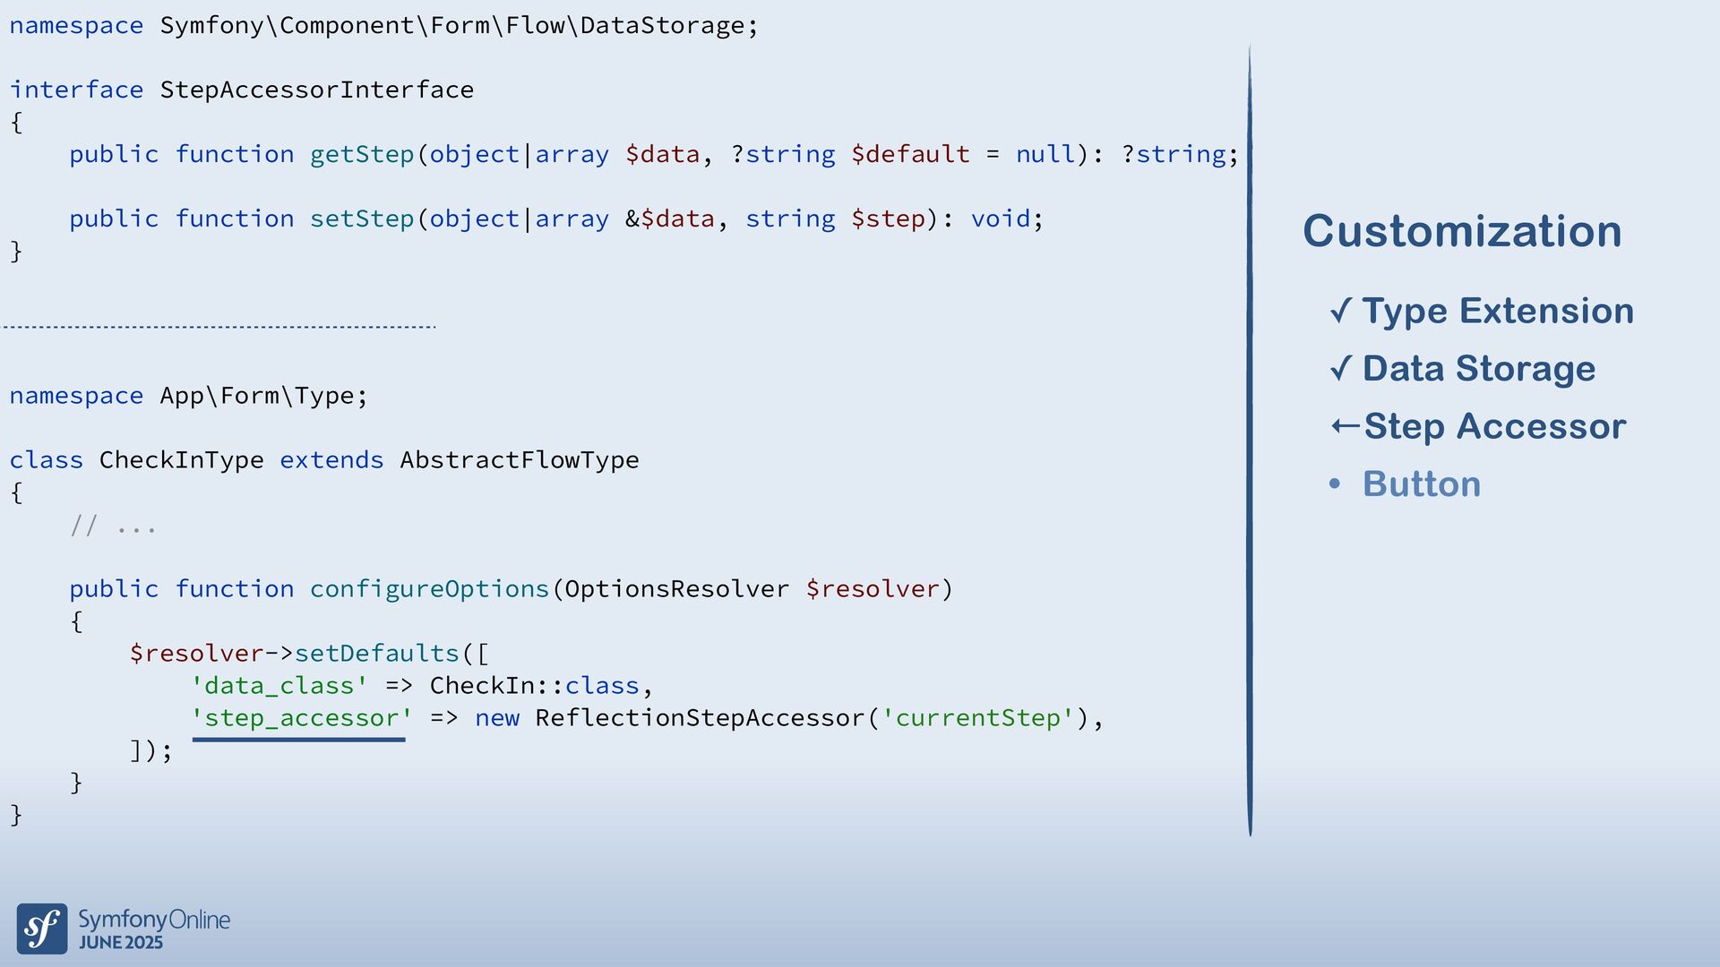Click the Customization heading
(x=1461, y=231)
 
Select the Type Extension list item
(x=1497, y=311)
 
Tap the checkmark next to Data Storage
(x=1341, y=368)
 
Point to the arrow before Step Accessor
(x=1345, y=426)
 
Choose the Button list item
(x=1421, y=483)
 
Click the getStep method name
(x=362, y=154)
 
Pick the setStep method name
(x=362, y=218)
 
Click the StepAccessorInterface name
(x=316, y=90)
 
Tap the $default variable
(x=909, y=154)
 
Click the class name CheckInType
(x=181, y=460)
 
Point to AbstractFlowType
(x=519, y=460)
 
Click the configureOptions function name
(x=429, y=589)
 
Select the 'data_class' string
(x=279, y=686)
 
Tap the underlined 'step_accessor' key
(x=301, y=718)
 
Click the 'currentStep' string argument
(x=977, y=718)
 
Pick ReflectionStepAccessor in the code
(x=700, y=718)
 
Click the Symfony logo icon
(x=42, y=928)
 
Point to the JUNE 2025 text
(x=121, y=943)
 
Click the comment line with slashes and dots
(x=113, y=526)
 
